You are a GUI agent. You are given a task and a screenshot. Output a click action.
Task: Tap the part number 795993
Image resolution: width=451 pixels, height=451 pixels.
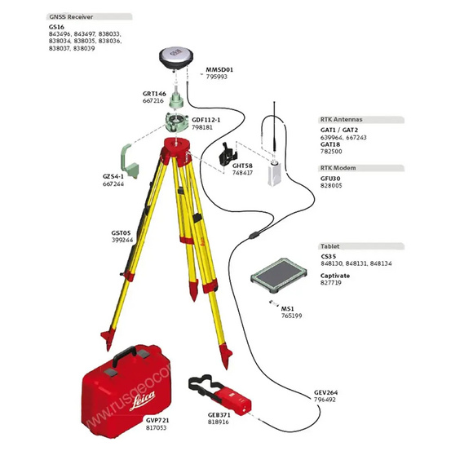(216, 77)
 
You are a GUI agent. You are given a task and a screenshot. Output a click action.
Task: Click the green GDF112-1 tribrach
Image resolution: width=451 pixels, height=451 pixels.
(177, 123)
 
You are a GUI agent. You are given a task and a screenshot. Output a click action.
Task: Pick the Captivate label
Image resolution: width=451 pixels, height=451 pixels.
(334, 275)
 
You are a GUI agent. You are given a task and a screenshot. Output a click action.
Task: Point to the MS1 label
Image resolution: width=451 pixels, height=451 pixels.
(287, 308)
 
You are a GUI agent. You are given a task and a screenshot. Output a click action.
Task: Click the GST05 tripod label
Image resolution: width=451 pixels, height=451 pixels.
(122, 232)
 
